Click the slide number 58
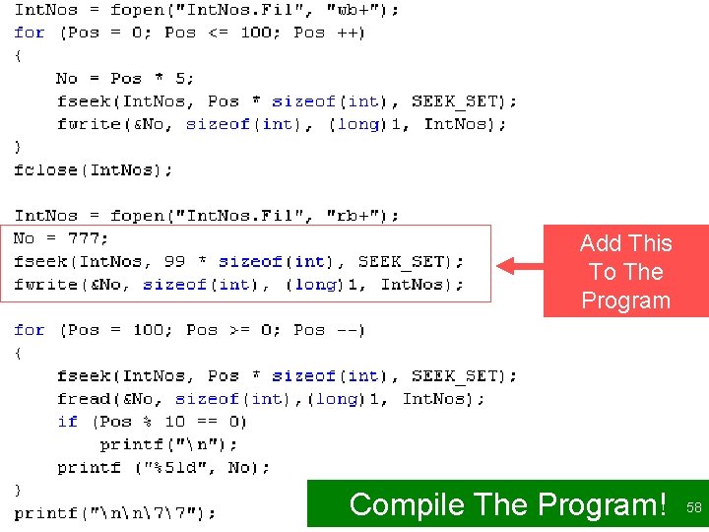tap(694, 507)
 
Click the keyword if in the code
tap(67, 421)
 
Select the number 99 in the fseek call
tap(174, 261)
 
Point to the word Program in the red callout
tap(625, 300)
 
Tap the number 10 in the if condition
tap(174, 421)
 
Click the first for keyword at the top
tap(30, 33)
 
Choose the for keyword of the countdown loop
tap(30, 329)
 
